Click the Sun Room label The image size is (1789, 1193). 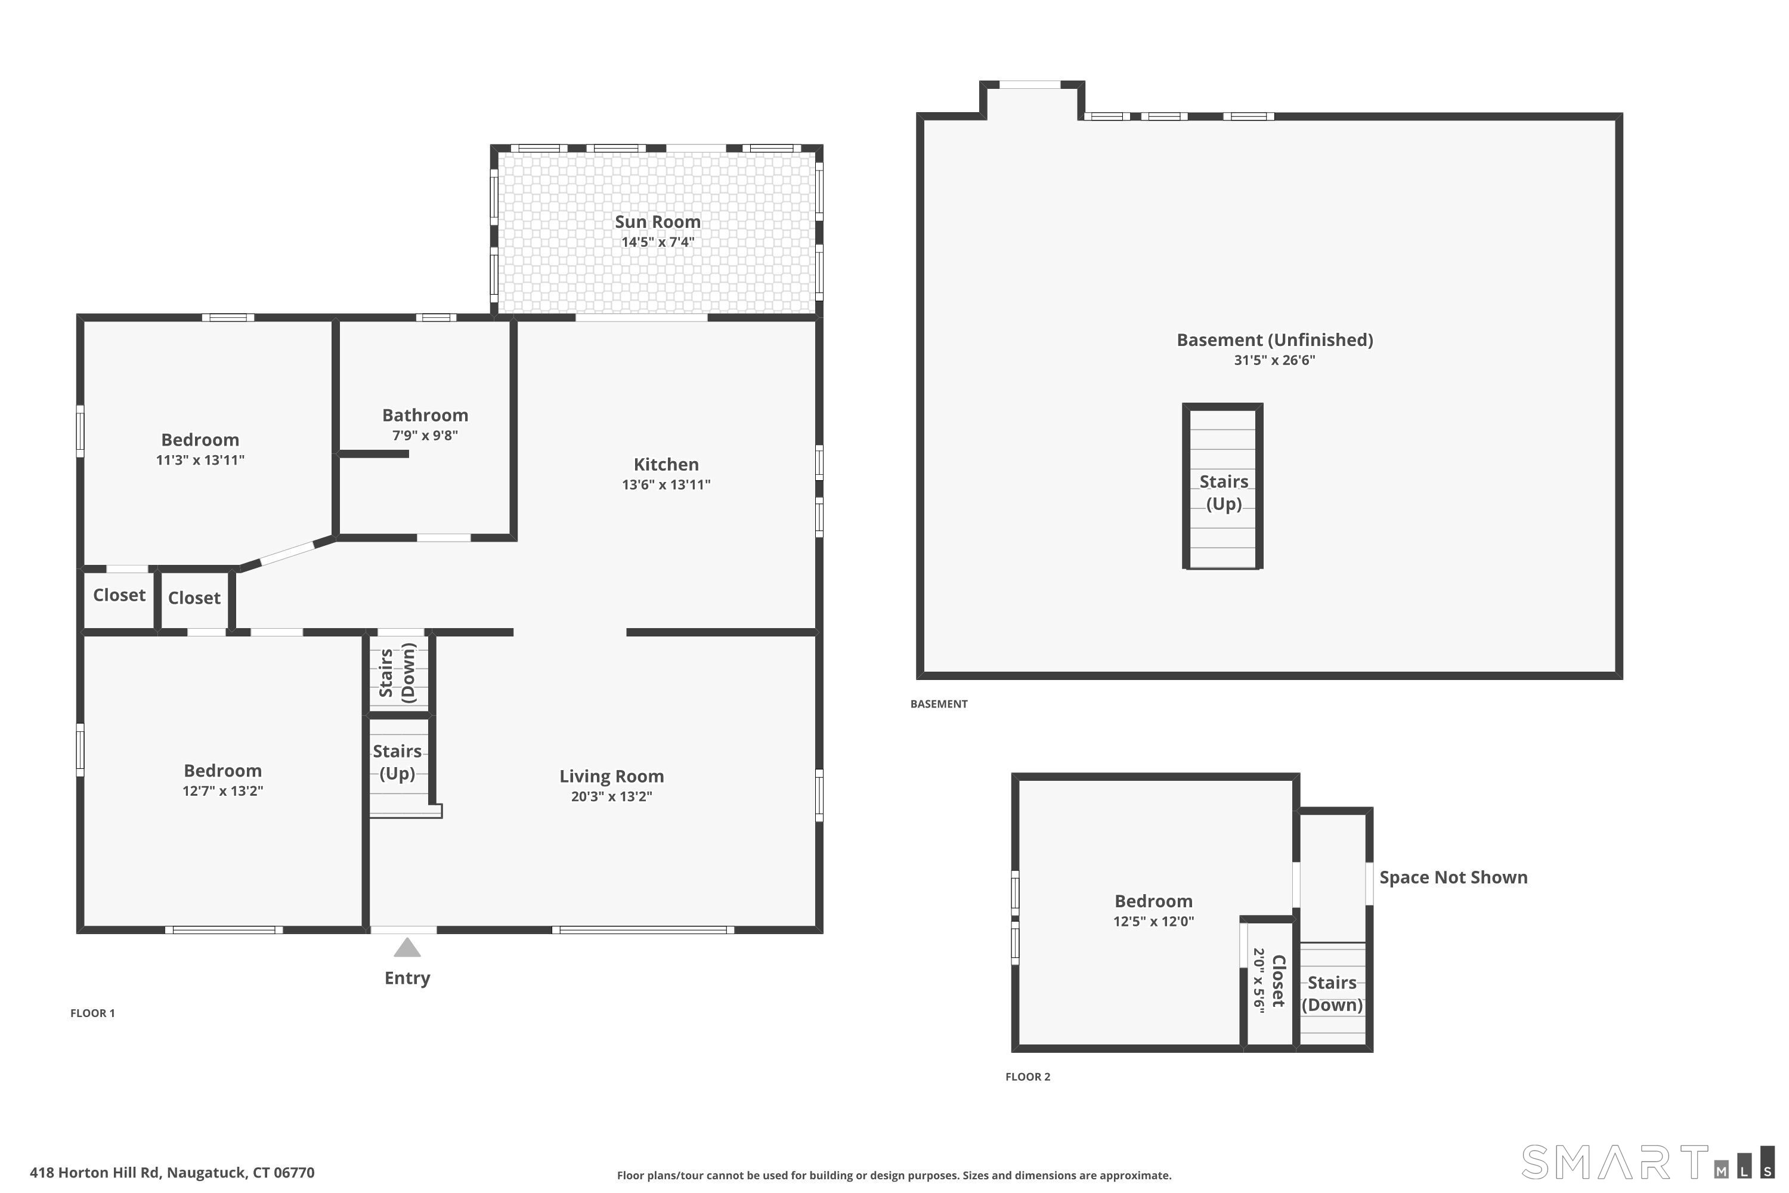click(x=657, y=221)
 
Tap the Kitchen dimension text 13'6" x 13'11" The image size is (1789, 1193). click(x=666, y=484)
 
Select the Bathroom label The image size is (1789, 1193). click(x=425, y=415)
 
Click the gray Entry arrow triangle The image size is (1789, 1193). click(x=407, y=948)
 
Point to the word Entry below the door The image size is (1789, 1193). click(x=407, y=978)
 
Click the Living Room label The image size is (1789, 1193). click(x=612, y=776)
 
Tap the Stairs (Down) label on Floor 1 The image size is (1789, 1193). click(x=397, y=673)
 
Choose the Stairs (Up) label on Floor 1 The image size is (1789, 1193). click(x=397, y=762)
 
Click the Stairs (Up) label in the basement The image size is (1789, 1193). click(x=1223, y=492)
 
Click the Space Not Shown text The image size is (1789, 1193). click(x=1453, y=877)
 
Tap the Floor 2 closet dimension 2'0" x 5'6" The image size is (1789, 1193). click(x=1259, y=981)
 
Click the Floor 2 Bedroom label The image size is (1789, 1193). click(x=1153, y=901)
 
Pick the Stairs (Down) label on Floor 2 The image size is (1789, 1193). click(x=1332, y=994)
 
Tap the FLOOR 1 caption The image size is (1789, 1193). click(x=93, y=1013)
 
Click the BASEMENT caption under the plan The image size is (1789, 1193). click(x=939, y=704)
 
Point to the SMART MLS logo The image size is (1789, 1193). click(x=1646, y=1162)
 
